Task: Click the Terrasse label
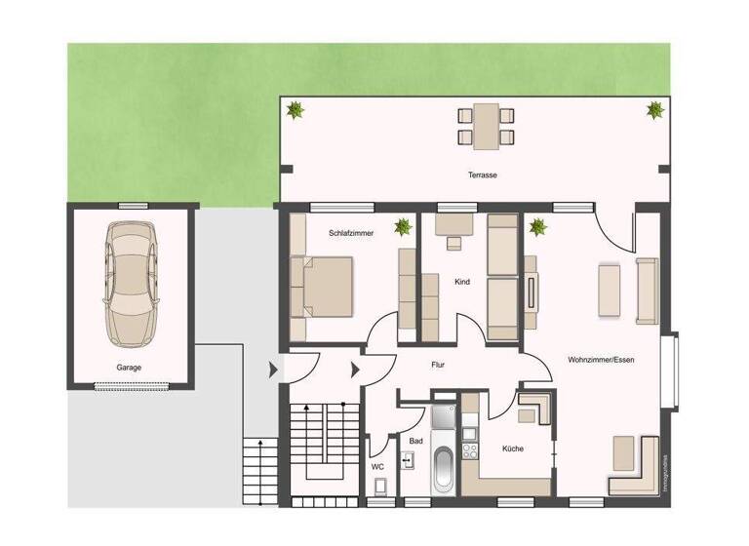point(483,175)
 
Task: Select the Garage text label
point(129,368)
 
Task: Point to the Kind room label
point(462,282)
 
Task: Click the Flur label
point(438,366)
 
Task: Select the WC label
point(377,467)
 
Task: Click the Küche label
point(513,448)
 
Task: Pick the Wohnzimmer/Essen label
point(601,361)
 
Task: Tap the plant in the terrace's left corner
point(296,110)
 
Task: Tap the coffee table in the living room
point(609,290)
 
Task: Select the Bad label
point(415,441)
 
